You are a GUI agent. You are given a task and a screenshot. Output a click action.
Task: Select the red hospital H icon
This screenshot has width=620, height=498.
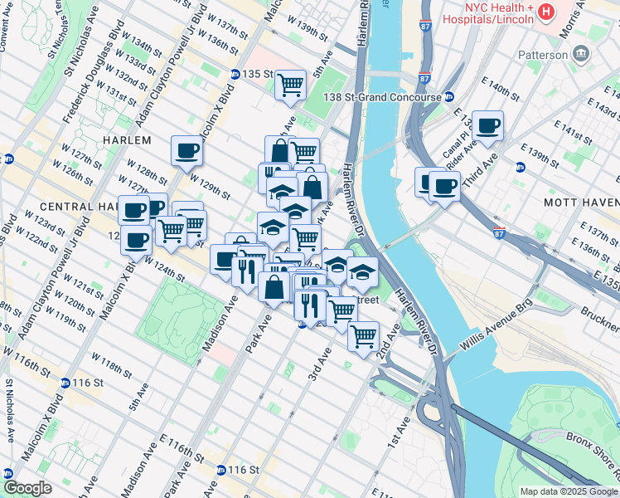[546, 12]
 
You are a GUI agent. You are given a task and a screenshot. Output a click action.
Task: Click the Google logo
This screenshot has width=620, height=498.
[27, 489]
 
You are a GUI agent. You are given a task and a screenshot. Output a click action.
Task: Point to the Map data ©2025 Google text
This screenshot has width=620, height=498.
[568, 491]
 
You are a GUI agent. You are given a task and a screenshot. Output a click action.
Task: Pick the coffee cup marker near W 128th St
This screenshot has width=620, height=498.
[186, 151]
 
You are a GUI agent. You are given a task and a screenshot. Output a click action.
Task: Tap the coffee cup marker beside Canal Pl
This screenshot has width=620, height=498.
[487, 125]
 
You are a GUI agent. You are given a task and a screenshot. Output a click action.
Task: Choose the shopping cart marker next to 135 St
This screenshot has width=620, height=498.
[290, 84]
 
